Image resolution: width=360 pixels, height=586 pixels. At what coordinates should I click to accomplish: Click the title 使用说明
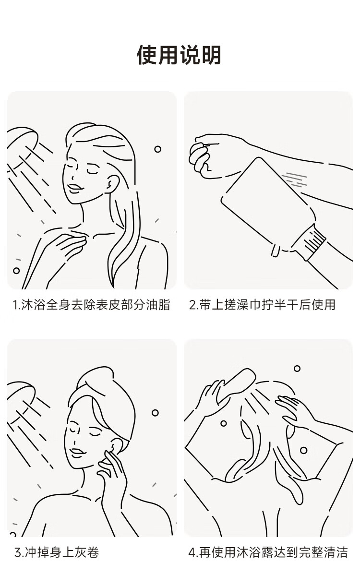(179, 55)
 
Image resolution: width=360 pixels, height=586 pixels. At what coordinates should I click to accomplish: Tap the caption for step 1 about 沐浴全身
(92, 305)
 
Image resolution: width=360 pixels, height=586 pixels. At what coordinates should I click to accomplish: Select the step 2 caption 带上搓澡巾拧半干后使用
(262, 305)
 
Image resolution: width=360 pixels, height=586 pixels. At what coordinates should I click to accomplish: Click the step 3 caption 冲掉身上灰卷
(57, 552)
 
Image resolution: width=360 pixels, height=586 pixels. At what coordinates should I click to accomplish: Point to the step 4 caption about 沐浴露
(268, 552)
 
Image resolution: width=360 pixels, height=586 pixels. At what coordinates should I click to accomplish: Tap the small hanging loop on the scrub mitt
(275, 251)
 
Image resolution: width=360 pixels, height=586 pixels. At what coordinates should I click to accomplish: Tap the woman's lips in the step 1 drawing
(74, 188)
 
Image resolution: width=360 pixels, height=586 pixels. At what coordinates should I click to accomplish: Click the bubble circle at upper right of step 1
(158, 149)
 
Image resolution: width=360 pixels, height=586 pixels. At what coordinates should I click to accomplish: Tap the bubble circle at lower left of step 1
(16, 271)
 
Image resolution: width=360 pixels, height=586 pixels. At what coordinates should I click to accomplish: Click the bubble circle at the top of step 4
(297, 369)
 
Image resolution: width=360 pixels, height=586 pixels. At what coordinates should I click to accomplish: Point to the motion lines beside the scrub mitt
(296, 179)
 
